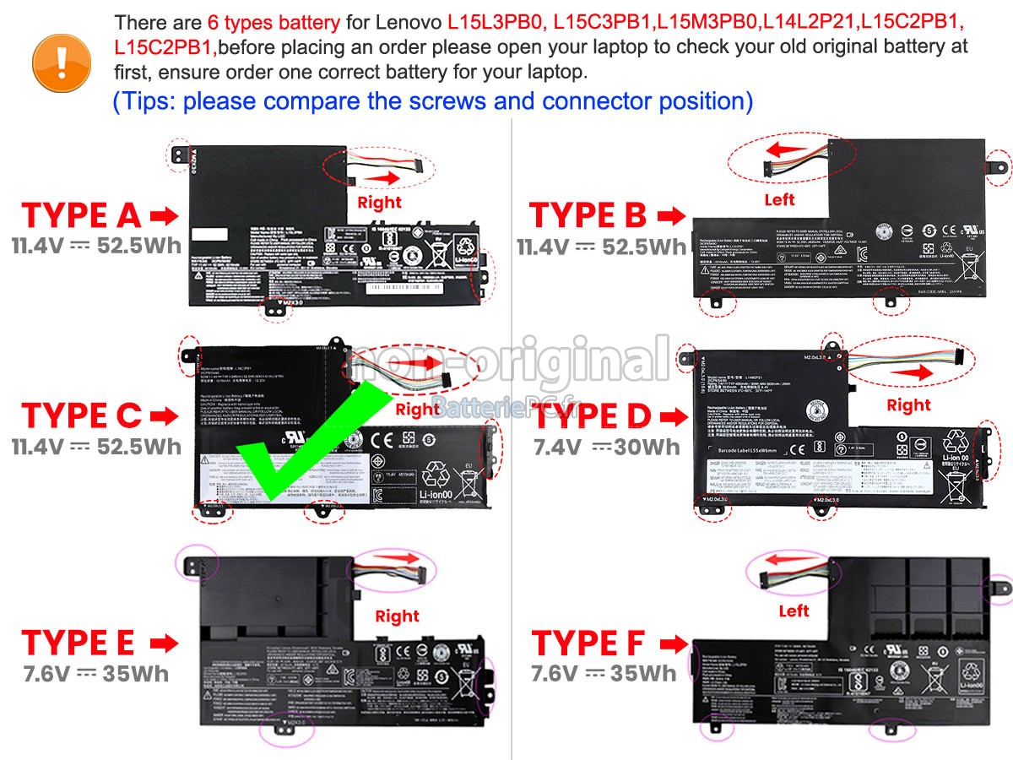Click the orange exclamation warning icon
(x=60, y=57)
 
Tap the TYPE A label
(x=82, y=216)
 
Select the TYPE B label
(x=588, y=216)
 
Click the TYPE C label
(x=82, y=415)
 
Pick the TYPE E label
(x=79, y=643)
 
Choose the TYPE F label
(x=588, y=643)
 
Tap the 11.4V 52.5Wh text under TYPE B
(x=602, y=247)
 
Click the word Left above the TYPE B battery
(x=779, y=200)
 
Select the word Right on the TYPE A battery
(x=379, y=203)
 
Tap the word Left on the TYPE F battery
(x=794, y=611)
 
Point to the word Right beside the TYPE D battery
(x=908, y=405)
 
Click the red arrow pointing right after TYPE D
(x=671, y=416)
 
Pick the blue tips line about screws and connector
(x=432, y=101)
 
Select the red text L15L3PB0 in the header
(x=496, y=22)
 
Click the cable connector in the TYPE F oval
(x=772, y=579)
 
